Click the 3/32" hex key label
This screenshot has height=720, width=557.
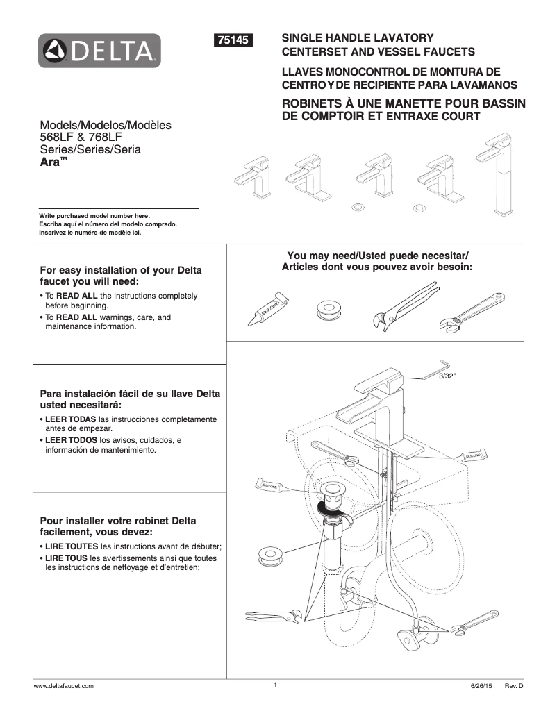[x=447, y=376]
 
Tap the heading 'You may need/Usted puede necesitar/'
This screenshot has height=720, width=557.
[x=378, y=255]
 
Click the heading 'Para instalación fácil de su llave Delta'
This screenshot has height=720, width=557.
[x=131, y=394]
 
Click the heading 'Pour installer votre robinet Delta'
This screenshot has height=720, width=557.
[x=118, y=521]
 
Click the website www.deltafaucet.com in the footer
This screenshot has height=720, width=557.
[x=64, y=685]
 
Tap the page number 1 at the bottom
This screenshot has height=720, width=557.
[x=275, y=685]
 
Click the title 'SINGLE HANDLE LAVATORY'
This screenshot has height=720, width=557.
[x=357, y=37]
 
